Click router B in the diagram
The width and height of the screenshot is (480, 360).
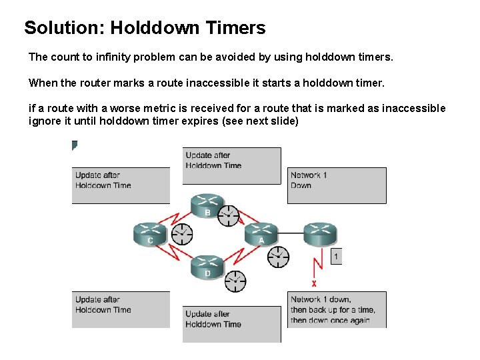[x=208, y=205]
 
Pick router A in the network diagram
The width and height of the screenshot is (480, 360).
[x=261, y=233]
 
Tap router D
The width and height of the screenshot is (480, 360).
[x=208, y=266]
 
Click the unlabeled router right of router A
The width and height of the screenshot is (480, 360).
[x=321, y=233]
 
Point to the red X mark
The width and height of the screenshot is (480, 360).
[x=314, y=283]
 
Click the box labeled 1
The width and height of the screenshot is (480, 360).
[x=336, y=256]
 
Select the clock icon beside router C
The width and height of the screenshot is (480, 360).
[x=182, y=234]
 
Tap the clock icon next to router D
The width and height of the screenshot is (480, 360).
[x=235, y=281]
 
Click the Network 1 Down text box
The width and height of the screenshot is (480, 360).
[x=337, y=185]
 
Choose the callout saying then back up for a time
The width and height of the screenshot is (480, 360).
[x=337, y=309]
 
